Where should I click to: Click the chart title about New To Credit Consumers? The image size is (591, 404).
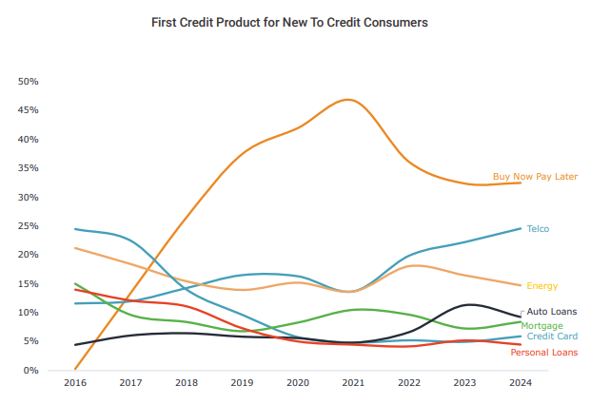(x=290, y=21)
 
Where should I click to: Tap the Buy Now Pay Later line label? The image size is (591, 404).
(x=535, y=177)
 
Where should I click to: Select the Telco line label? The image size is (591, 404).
(x=538, y=229)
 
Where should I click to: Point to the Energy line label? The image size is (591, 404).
(x=542, y=286)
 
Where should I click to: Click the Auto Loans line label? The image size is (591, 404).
(x=551, y=312)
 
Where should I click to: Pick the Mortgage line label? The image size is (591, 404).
(x=542, y=326)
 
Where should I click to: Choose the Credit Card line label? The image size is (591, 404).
(x=551, y=337)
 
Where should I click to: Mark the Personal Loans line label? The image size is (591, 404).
(x=543, y=353)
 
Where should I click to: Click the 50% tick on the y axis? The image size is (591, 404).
(x=28, y=82)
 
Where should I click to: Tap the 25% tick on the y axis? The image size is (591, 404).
(x=28, y=226)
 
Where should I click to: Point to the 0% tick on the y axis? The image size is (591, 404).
(x=30, y=371)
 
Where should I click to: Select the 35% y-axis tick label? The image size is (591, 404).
(x=28, y=168)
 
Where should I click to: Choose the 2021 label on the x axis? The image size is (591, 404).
(x=353, y=383)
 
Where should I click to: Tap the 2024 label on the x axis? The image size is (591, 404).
(x=520, y=383)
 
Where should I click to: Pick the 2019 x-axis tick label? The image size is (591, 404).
(x=242, y=383)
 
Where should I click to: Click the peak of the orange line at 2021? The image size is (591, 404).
(x=349, y=99)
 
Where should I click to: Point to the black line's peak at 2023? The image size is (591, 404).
(x=467, y=304)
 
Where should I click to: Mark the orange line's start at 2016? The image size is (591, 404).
(x=75, y=369)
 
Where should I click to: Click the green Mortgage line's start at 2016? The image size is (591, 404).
(x=75, y=283)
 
